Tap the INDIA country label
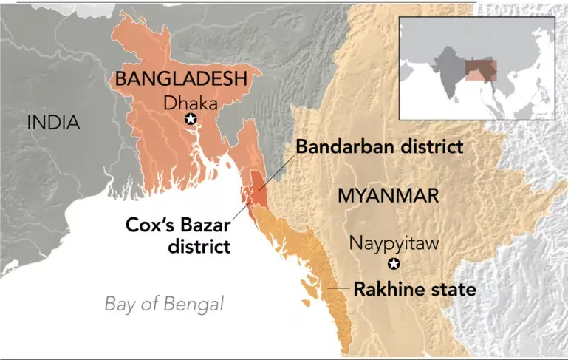point(52,123)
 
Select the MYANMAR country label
point(388,195)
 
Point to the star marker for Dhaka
point(191,120)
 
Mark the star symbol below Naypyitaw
point(394,265)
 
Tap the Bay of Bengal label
point(163,304)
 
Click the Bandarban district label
point(379,146)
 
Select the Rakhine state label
point(414,289)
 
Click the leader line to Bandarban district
point(276,169)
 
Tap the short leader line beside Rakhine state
point(339,287)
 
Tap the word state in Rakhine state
point(456,289)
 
